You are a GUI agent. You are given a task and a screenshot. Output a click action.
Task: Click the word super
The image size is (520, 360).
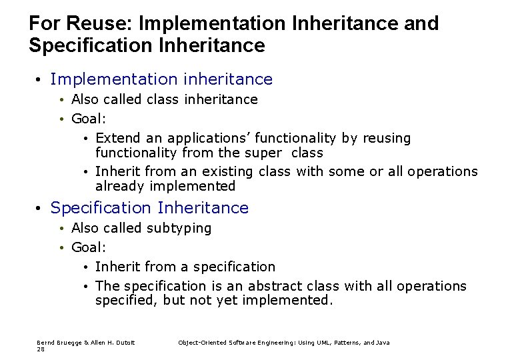tap(257, 153)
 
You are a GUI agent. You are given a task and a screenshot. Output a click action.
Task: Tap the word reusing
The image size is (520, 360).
tap(386, 139)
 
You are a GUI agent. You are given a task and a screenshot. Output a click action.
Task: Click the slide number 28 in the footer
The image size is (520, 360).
tap(41, 349)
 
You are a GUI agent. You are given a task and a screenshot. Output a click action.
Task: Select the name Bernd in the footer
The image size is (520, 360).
tap(46, 342)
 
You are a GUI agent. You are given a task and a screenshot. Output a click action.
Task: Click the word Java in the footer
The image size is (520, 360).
tap(382, 342)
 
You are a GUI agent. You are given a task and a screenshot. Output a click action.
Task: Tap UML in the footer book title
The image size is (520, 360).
tap(317, 342)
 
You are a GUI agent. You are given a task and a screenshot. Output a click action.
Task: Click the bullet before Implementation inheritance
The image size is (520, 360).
tap(39, 80)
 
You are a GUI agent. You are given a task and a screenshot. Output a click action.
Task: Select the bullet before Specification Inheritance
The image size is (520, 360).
tap(39, 209)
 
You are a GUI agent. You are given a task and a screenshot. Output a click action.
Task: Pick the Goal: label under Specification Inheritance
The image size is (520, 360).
tap(89, 247)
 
